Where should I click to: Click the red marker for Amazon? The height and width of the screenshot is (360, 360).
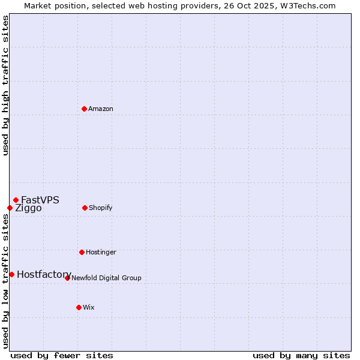coord(84,109)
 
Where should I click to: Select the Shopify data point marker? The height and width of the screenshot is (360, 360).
coord(85,208)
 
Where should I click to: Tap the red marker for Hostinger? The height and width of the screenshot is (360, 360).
coord(82,252)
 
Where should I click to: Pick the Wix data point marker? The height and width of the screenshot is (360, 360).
coord(79,307)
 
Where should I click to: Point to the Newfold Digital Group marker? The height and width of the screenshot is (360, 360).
coord(67,278)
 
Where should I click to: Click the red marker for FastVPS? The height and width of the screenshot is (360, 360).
coord(16,200)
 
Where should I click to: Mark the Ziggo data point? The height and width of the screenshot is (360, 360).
coord(10,208)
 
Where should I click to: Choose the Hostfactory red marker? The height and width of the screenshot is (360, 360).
coord(11,274)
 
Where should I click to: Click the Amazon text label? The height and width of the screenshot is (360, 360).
coord(101,109)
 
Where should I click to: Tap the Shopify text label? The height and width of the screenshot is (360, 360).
coord(101,208)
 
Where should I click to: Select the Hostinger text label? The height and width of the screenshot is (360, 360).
coord(101,252)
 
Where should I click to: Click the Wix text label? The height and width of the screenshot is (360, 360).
coord(89,307)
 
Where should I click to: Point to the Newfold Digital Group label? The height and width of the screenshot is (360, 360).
coord(106,278)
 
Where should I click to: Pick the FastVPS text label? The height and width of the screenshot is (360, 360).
coord(40,200)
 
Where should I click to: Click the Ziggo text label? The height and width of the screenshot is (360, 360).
coord(28,208)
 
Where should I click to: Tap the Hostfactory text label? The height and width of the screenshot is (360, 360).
coord(44,274)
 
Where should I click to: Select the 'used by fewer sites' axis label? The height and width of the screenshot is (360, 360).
coord(62,355)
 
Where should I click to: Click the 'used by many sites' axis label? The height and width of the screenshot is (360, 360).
coord(301,355)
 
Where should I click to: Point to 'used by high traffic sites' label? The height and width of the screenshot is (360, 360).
coord(5,85)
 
